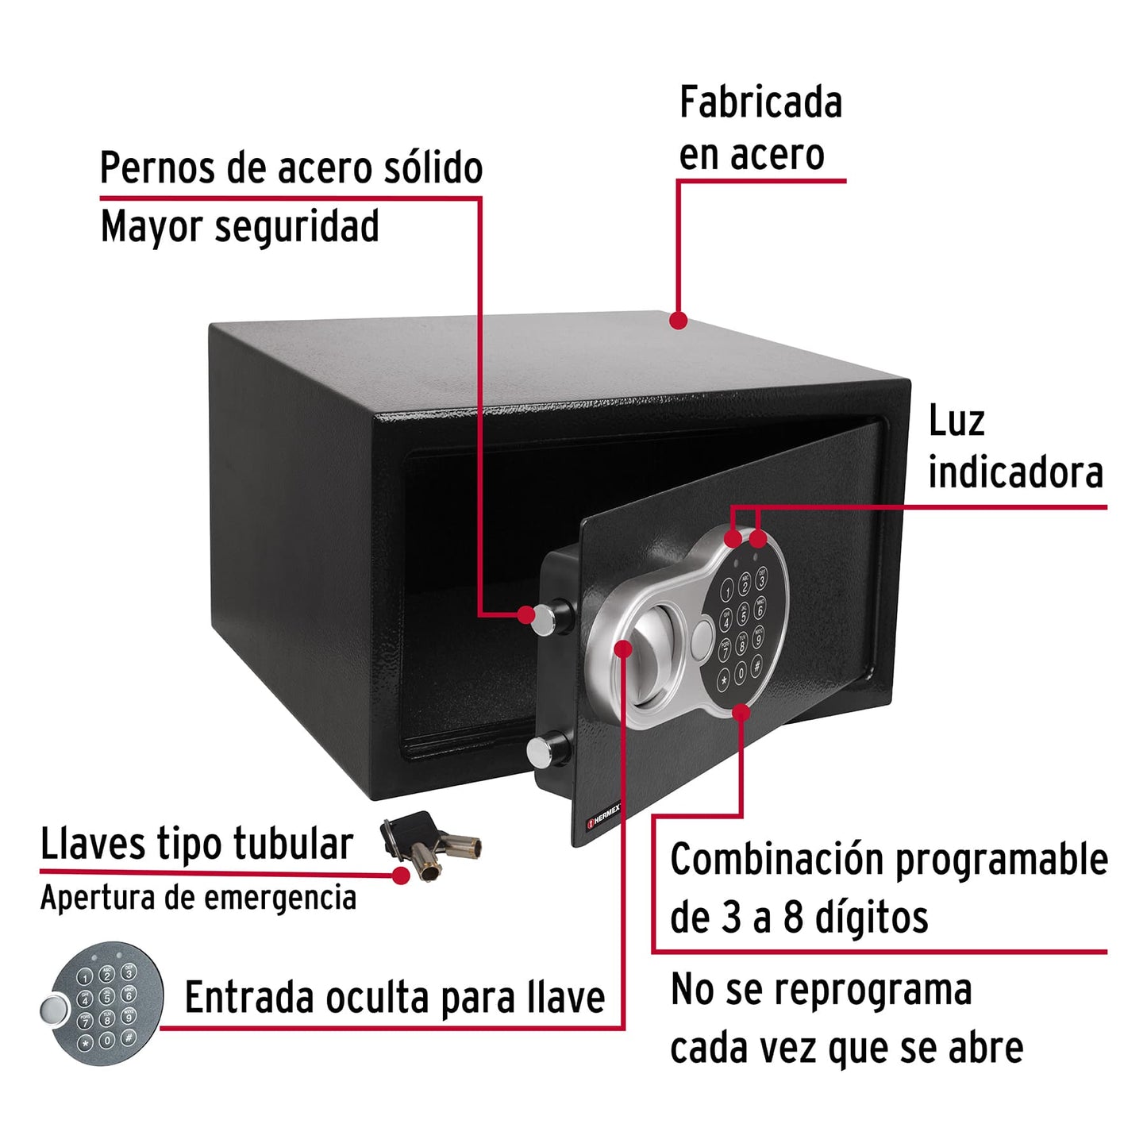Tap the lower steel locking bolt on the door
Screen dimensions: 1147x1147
click(548, 749)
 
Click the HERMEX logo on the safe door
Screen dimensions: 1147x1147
click(604, 816)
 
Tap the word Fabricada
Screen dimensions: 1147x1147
click(760, 103)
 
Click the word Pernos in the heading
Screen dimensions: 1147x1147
click(158, 168)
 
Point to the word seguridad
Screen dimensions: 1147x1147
click(297, 227)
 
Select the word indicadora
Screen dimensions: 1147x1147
click(1015, 473)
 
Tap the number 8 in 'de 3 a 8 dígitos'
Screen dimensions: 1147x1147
click(793, 918)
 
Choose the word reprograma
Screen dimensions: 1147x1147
click(872, 991)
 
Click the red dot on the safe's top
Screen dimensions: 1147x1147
click(678, 320)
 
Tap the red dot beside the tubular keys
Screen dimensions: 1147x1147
click(402, 875)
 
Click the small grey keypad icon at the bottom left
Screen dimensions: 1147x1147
click(102, 1003)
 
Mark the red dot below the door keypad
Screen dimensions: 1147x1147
click(741, 712)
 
